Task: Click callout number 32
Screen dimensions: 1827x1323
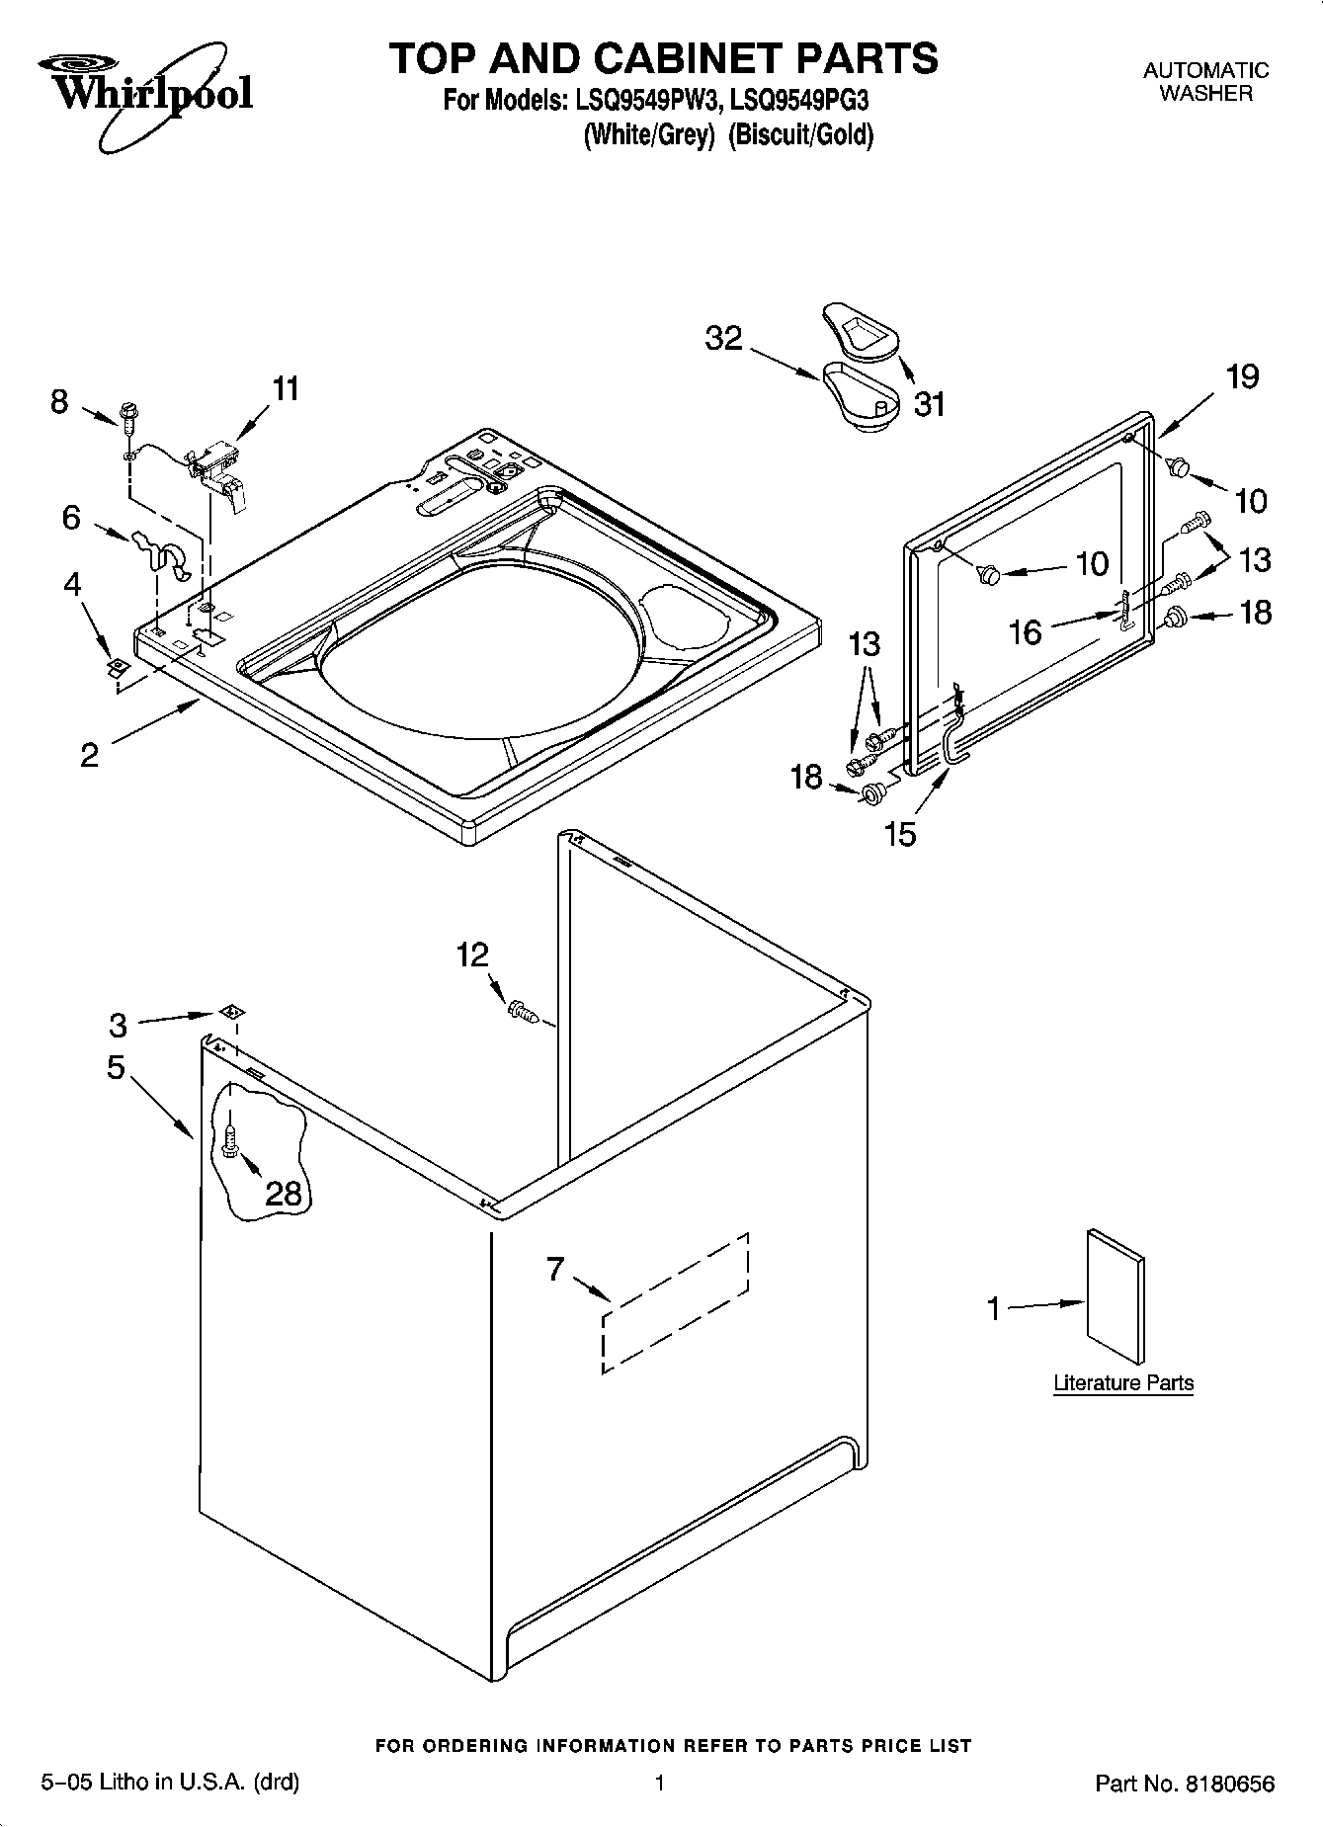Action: pos(723,339)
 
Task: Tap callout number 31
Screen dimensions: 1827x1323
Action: pos(929,403)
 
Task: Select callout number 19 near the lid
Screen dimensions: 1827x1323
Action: pos(1242,376)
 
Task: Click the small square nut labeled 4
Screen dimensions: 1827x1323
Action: pos(118,667)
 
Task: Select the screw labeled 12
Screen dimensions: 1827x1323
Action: pos(522,1010)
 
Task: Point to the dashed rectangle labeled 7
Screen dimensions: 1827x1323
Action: pos(675,1302)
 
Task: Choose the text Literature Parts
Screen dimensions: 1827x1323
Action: pos(1123,1382)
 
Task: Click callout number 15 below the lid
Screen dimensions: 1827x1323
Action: pos(900,835)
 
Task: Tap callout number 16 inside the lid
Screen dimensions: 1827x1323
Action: pos(1026,631)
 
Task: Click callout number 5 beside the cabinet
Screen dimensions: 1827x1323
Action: pos(116,1067)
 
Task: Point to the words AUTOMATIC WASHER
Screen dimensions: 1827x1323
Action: pos(1205,82)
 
